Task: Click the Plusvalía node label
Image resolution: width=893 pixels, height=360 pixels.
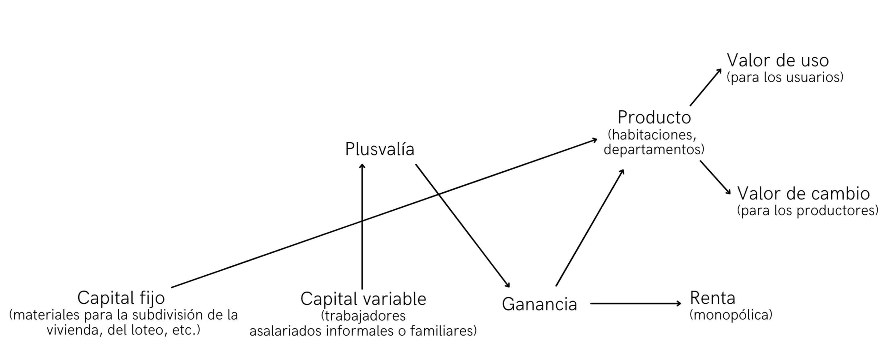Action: (380, 150)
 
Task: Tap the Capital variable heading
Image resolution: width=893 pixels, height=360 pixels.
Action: (363, 299)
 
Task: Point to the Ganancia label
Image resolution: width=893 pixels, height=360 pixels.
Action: (539, 304)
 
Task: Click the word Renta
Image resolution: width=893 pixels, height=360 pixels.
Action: (713, 298)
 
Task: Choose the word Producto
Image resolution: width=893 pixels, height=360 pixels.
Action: (654, 118)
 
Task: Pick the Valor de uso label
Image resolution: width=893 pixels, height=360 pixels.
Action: (777, 61)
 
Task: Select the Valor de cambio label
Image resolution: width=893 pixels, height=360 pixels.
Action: (803, 194)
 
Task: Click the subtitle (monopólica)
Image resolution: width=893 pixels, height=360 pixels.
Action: (731, 315)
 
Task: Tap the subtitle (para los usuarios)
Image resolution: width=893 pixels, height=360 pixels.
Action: (784, 77)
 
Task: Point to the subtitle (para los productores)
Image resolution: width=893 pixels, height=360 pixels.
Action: (807, 211)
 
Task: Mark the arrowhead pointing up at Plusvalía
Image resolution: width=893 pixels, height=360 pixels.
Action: (362, 166)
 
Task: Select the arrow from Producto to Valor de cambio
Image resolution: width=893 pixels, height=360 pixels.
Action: (715, 177)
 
